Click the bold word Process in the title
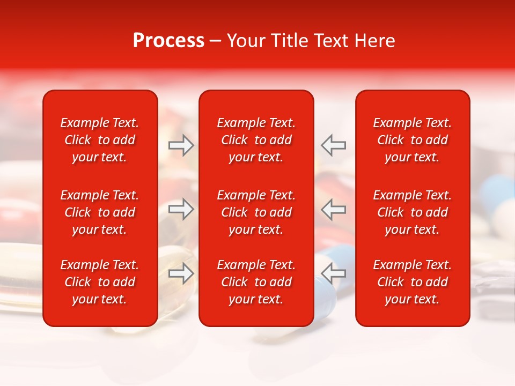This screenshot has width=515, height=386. pos(168,41)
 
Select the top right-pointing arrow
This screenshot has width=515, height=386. pos(181,145)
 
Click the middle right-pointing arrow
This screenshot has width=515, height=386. pos(181,209)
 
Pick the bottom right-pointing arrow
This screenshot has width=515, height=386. pos(181,273)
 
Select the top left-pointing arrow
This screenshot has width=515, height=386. pos(333,145)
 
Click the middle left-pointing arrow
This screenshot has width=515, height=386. pos(333,209)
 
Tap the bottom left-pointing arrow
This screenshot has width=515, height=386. pos(333,273)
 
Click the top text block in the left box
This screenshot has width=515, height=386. pos(100,140)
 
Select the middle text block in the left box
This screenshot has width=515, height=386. pos(100,212)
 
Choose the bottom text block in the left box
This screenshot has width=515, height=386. pos(100,282)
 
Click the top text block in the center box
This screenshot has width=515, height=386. pos(256,140)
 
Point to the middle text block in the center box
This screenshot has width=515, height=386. pos(256,212)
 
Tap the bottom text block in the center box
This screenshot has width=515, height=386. pos(256,282)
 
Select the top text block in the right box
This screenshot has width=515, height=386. pos(412,140)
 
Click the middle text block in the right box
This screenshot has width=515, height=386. pos(412,212)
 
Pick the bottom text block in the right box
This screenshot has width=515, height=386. pos(412,282)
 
